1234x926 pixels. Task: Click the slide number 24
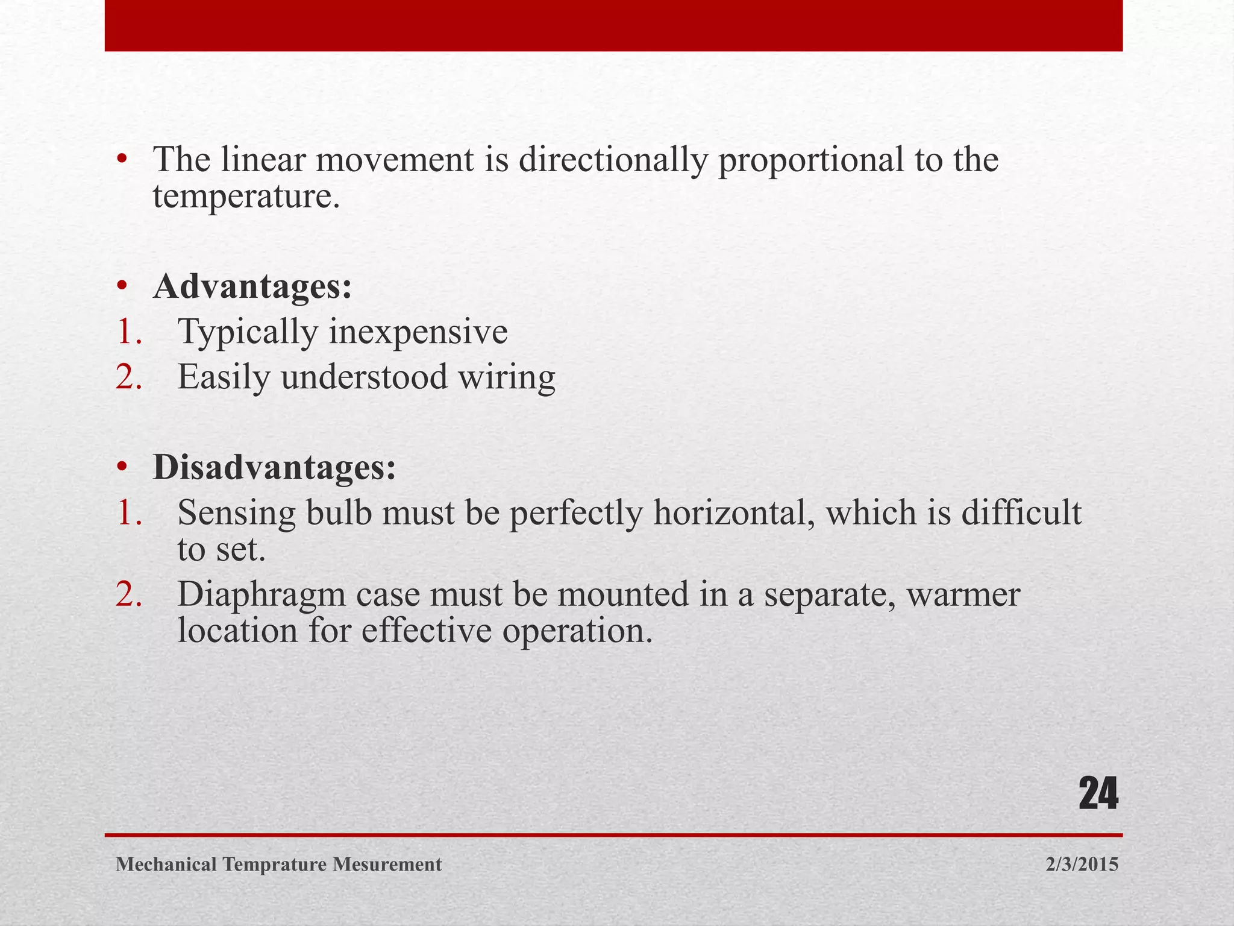(1098, 795)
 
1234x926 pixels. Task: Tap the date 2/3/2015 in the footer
(1082, 865)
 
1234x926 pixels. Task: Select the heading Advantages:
(252, 287)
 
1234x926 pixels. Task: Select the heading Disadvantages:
(275, 468)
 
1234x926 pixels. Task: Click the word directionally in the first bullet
(612, 160)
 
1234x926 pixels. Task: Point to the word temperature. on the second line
(246, 197)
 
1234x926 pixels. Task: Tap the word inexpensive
(418, 332)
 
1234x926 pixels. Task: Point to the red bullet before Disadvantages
(122, 468)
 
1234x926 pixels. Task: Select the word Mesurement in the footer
(387, 865)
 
